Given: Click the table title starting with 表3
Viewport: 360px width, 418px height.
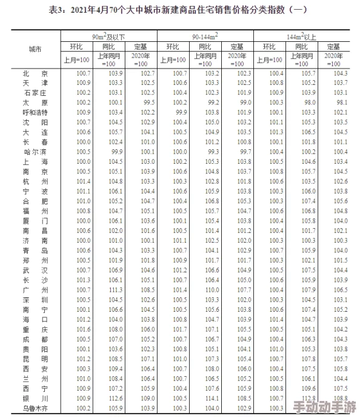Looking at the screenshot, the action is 181,9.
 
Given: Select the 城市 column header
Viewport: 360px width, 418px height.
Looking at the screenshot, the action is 36,49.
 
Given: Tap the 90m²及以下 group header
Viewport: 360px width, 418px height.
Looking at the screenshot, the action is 109,37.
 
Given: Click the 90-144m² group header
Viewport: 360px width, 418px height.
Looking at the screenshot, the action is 205,37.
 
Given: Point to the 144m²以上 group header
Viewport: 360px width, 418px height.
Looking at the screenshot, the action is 301,37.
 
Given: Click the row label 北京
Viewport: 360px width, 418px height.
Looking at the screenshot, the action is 35,73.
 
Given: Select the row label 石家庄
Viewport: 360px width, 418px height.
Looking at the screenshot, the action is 35,93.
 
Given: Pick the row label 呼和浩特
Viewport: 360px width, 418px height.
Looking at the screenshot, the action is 35,112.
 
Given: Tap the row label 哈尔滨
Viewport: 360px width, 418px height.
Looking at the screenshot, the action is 35,152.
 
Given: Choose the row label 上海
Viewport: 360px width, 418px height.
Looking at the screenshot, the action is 35,161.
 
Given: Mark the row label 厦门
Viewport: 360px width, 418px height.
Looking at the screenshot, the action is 35,221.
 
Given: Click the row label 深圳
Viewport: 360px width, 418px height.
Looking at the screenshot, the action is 35,300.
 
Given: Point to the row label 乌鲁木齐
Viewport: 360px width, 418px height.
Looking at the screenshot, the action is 35,408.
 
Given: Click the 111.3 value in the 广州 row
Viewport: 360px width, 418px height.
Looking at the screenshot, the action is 115,290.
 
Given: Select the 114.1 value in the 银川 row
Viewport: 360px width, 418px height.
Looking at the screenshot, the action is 212,398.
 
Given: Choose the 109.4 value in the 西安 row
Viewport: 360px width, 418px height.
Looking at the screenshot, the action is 115,368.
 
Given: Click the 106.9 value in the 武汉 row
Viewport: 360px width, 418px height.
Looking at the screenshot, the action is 115,270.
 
